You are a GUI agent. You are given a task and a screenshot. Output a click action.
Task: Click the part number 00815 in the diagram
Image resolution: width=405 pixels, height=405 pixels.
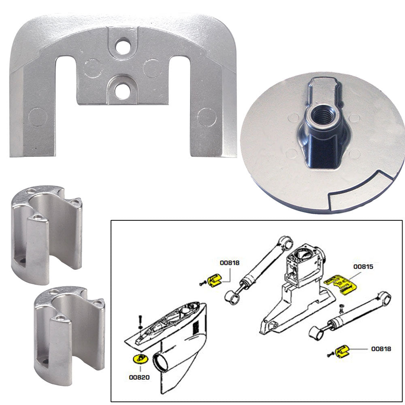(x=363, y=267)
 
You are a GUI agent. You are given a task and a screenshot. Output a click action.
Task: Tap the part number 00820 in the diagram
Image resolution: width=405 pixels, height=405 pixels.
(x=139, y=377)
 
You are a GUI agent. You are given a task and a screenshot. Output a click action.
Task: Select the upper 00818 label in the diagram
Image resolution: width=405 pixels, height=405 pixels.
(x=230, y=263)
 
